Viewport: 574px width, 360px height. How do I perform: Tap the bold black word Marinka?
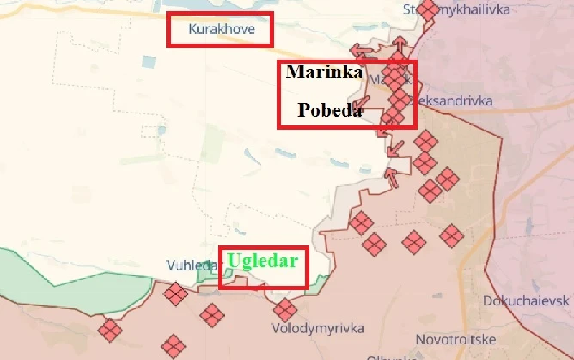point(324,72)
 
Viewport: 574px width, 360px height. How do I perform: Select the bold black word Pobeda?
point(330,112)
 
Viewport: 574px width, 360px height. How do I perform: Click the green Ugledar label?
point(263,260)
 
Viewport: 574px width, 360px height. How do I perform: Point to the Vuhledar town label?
point(192,265)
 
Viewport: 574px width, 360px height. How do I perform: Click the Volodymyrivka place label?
point(317,328)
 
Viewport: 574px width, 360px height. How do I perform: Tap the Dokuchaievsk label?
point(527,300)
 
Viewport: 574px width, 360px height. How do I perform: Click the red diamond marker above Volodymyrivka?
point(285,311)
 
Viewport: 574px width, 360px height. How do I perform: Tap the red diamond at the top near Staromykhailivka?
point(428,10)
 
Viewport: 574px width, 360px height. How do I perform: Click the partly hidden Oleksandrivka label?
point(453,101)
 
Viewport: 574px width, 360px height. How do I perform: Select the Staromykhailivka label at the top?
point(474,9)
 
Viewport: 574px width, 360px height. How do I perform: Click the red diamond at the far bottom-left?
point(110,331)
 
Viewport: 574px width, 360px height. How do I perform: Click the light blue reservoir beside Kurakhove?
point(150,62)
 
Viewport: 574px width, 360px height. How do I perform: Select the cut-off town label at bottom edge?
point(387,356)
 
